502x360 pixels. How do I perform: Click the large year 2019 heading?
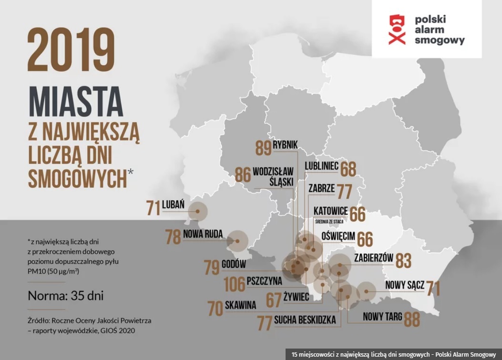click(x=71, y=50)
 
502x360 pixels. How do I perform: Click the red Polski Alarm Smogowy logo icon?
click(x=397, y=29)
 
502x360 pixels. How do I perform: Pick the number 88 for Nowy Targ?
click(x=412, y=319)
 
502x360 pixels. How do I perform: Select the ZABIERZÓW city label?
click(x=373, y=258)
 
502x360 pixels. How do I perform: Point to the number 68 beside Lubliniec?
click(x=348, y=169)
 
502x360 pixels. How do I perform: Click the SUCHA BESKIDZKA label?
click(x=305, y=319)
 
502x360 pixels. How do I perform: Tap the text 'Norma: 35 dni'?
click(x=66, y=296)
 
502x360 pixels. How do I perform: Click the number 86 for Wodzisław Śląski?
click(x=243, y=175)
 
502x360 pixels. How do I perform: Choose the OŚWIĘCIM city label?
click(x=338, y=237)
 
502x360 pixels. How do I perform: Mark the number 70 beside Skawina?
click(x=215, y=309)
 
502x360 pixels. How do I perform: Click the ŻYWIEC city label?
click(x=297, y=297)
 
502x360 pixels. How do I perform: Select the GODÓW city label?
click(x=234, y=264)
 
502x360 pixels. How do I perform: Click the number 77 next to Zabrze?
click(x=344, y=191)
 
